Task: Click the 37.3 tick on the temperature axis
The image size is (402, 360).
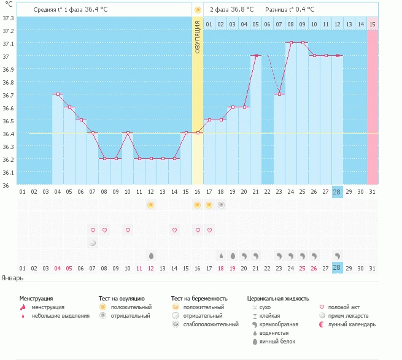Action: (9, 18)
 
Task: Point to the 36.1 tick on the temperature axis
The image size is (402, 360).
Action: (9, 172)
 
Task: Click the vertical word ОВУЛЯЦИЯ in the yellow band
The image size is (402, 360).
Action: (198, 37)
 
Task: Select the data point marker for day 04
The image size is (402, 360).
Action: (58, 94)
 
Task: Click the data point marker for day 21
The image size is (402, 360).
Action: (255, 55)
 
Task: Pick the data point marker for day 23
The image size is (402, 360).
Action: (279, 94)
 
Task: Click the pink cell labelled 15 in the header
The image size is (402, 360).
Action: (372, 24)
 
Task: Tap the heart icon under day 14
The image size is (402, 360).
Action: (174, 230)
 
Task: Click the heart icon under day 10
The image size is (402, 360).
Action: (128, 230)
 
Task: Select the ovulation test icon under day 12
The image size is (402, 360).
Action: (151, 204)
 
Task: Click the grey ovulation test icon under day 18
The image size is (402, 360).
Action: (221, 204)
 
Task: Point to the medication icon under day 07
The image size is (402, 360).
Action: (93, 243)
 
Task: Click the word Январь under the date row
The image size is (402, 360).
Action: (12, 278)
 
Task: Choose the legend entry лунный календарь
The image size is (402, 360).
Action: (352, 324)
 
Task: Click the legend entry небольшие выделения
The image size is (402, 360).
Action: (61, 316)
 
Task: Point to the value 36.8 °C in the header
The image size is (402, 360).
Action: (242, 10)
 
